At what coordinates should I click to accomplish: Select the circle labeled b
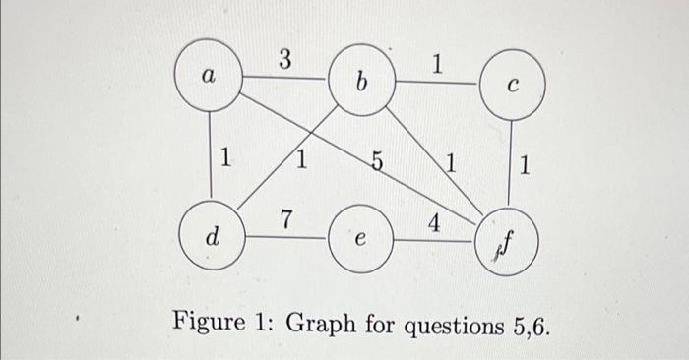coord(361,79)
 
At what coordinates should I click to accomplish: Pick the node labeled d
coord(212,237)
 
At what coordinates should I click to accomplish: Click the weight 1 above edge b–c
coord(437,66)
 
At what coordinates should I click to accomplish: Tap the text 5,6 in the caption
coord(527,322)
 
